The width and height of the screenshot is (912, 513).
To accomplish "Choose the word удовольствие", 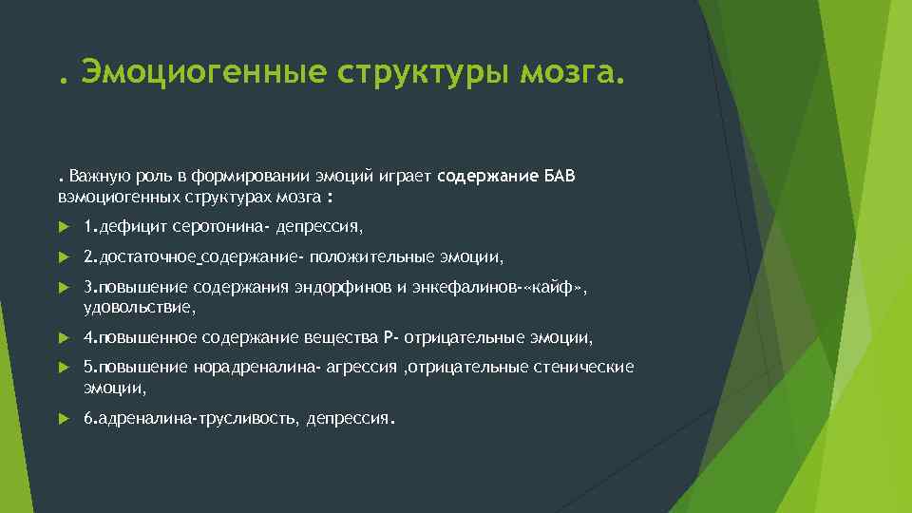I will pyautogui.click(x=138, y=308).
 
